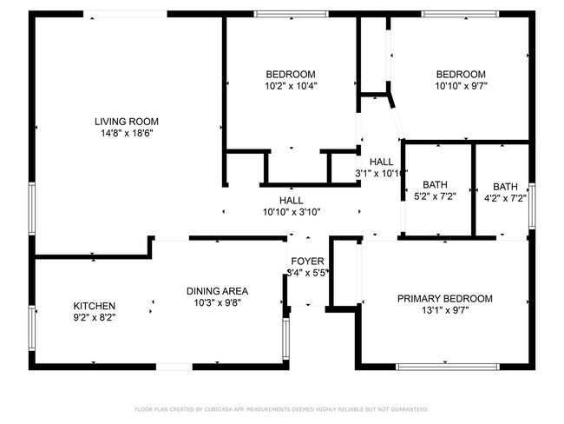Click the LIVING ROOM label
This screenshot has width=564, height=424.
126,122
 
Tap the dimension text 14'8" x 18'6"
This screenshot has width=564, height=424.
126,134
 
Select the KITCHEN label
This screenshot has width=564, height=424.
94,306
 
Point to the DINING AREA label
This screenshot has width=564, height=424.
217,291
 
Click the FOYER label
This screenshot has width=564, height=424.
307,261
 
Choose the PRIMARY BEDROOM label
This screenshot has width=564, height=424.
444,299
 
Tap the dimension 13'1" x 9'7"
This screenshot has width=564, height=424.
444,310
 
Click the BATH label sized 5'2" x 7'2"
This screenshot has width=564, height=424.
435,185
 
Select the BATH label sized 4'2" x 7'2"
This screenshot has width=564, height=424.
505,187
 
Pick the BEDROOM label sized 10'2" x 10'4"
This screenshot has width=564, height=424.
290,75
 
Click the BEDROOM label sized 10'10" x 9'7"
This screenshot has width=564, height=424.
460,75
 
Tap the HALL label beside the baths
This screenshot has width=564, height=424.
381,162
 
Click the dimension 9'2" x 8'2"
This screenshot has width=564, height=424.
94,318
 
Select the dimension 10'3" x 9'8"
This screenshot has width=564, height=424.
217,303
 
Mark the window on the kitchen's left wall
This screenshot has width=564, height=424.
33,326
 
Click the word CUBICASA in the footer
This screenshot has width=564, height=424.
222,408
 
